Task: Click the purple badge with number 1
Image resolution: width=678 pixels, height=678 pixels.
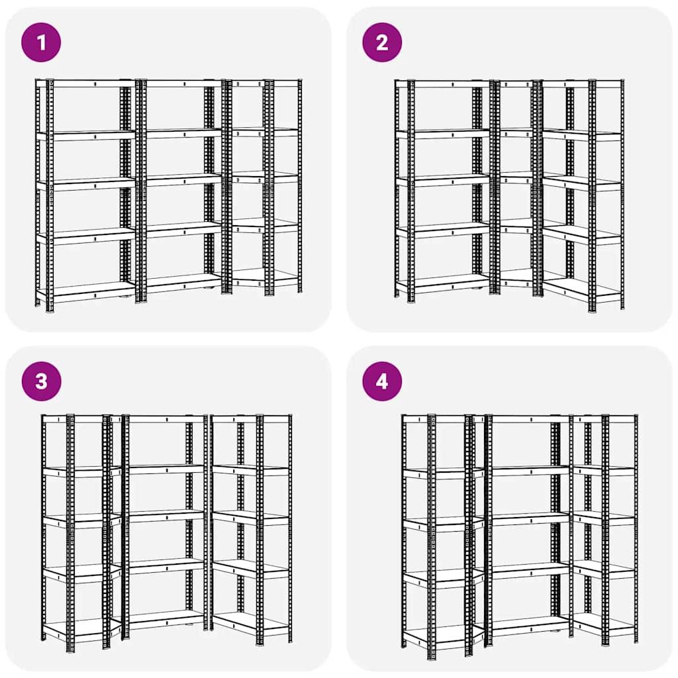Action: point(41,42)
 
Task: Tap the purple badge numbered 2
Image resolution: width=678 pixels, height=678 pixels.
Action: point(382,42)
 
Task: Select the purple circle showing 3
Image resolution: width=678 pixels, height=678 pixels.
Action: point(41,381)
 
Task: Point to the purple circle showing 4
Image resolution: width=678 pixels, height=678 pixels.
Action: point(382,381)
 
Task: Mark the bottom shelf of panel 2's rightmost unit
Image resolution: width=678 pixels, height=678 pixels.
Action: point(583,288)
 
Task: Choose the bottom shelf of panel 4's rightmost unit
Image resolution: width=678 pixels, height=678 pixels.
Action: point(604,624)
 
